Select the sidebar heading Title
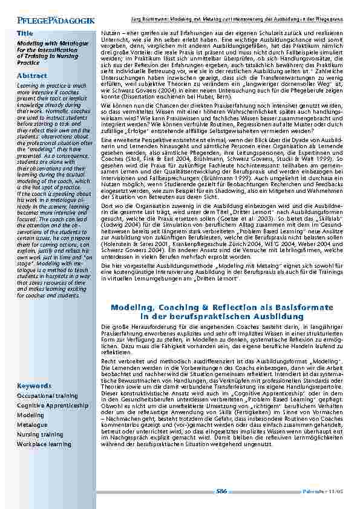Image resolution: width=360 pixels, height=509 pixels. coord(25,33)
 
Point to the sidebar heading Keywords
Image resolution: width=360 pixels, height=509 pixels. coord(34,385)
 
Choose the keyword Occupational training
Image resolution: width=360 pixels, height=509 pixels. coord(47,396)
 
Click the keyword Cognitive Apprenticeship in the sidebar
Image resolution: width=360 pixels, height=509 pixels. coord(53,406)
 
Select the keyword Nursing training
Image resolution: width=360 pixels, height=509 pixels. coord(40,435)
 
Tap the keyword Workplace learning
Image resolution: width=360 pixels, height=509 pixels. coord(44,444)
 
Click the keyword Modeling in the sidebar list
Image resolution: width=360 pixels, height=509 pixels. coord(31,415)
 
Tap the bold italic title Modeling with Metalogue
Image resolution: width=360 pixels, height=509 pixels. coord(42,44)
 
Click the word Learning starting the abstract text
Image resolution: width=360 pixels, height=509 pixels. coord(27,86)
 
